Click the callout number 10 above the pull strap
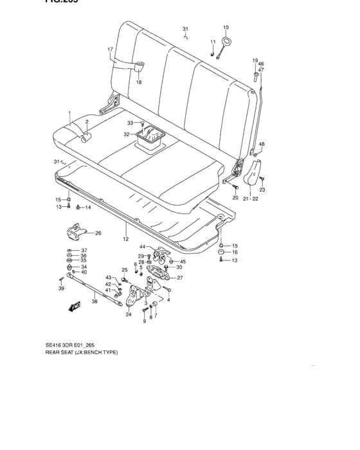click(226, 27)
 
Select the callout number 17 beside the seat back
click(110, 50)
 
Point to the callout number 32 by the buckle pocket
click(127, 134)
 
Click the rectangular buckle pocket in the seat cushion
click(152, 138)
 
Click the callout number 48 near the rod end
click(262, 144)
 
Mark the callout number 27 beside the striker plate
click(180, 278)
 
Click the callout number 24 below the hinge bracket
click(128, 314)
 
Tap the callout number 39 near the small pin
click(62, 290)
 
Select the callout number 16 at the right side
click(235, 253)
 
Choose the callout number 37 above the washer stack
click(84, 250)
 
